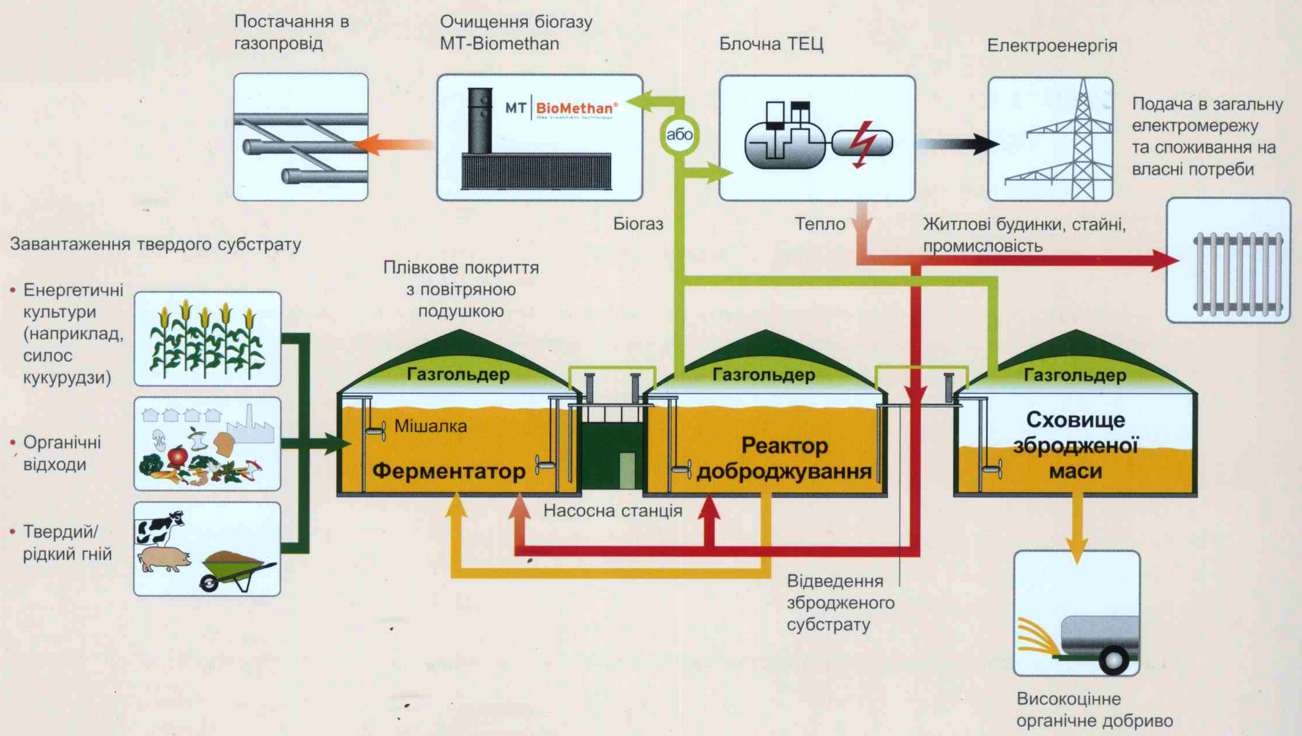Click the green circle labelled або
click(679, 135)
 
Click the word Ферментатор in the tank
click(448, 471)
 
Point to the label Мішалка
click(431, 426)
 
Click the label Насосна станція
click(612, 511)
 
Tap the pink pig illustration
click(165, 559)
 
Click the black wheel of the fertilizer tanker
click(1113, 660)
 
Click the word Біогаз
click(638, 224)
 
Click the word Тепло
click(819, 224)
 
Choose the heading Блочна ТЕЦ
click(771, 44)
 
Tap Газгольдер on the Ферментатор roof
click(458, 375)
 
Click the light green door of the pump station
click(627, 470)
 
